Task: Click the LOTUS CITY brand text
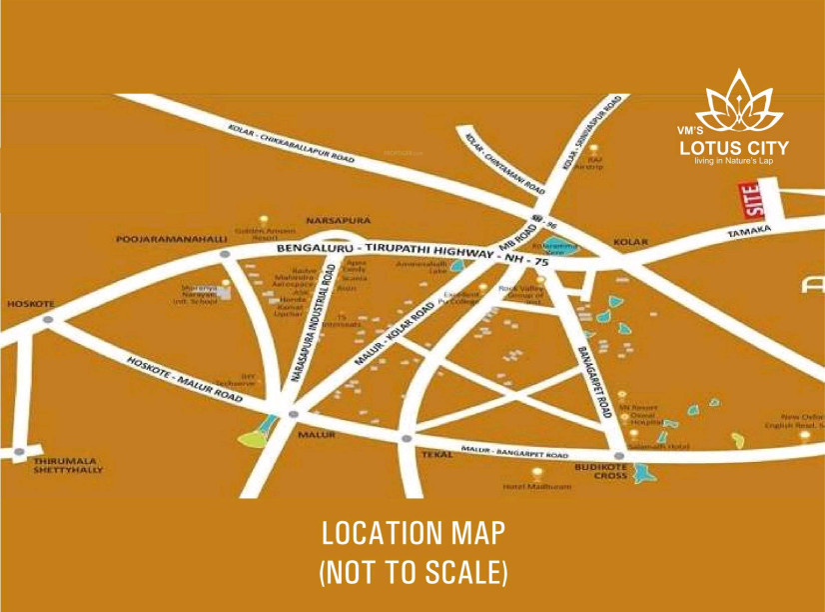(x=733, y=149)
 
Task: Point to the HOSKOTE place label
(x=30, y=303)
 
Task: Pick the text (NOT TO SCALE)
(x=412, y=572)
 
